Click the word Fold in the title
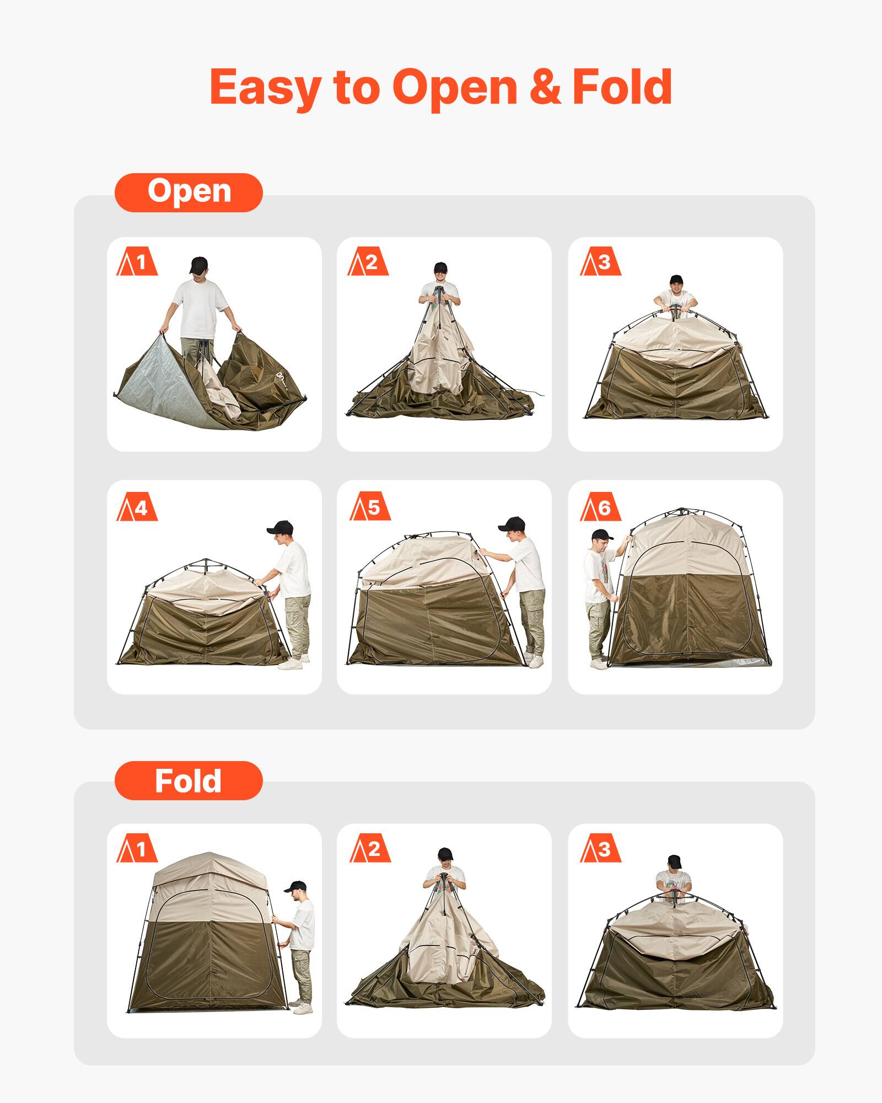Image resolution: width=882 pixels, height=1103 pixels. (x=622, y=87)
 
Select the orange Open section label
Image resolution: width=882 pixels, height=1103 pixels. (x=189, y=192)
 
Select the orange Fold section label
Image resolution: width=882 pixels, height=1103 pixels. (x=189, y=780)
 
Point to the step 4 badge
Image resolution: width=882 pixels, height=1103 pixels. (x=137, y=508)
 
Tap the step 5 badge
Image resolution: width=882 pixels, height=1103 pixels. (x=370, y=507)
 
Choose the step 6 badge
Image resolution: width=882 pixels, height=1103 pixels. (x=600, y=508)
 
